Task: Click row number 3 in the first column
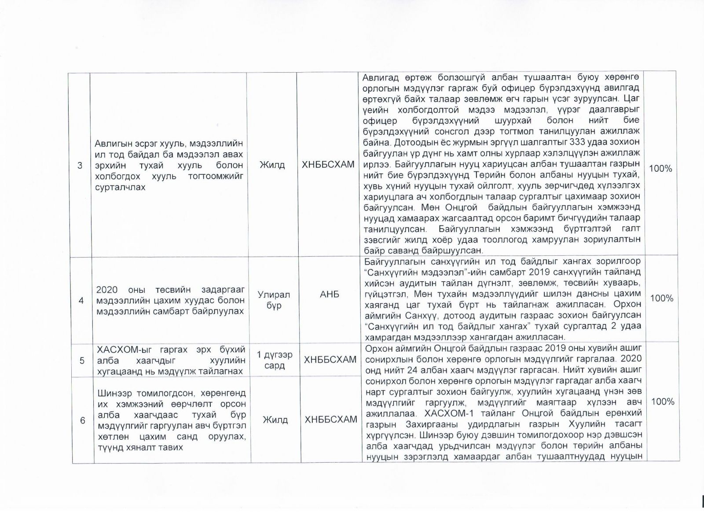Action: point(80,166)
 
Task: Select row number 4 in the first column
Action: point(81,300)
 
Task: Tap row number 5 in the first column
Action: point(82,361)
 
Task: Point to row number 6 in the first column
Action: point(82,420)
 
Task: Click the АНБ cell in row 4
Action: point(330,294)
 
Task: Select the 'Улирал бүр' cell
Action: point(274,300)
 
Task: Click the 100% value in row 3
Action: point(660,168)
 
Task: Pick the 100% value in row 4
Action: point(661,298)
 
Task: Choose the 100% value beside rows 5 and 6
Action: point(662,401)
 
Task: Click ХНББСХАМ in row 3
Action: point(328,165)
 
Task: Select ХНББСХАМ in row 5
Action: point(330,360)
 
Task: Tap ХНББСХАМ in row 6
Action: point(331,420)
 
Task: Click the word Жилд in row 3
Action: point(272,165)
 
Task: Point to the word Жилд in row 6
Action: point(275,420)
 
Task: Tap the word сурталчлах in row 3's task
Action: point(120,187)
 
